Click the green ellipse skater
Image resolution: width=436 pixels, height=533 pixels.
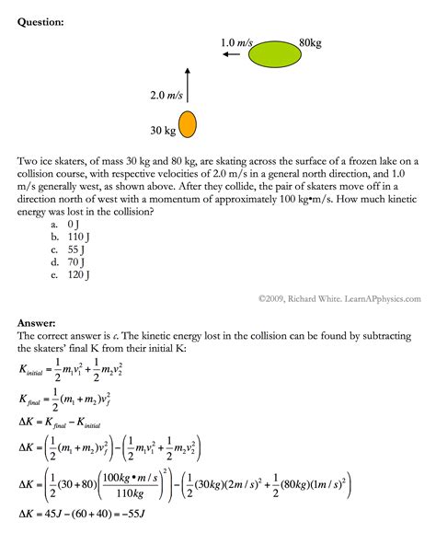273,55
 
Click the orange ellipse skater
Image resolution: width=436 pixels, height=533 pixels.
188,123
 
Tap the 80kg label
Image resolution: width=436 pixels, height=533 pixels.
310,41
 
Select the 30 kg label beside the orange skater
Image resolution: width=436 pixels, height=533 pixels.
162,129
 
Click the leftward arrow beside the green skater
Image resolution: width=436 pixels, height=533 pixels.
232,55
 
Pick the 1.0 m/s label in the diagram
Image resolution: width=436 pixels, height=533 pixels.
236,41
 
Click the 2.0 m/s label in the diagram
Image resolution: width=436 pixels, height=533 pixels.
166,95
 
